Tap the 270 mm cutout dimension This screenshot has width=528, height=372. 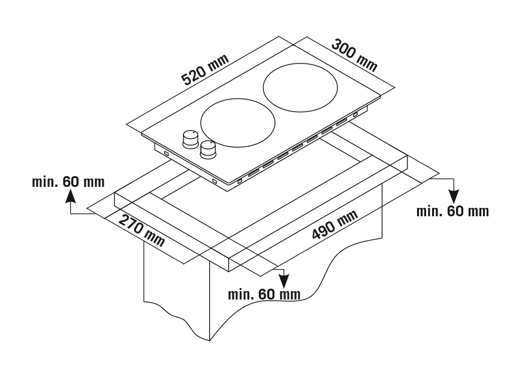pyautogui.click(x=141, y=230)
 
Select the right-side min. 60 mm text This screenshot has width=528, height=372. pyautogui.click(x=452, y=211)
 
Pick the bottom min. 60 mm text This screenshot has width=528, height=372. pyautogui.click(x=264, y=294)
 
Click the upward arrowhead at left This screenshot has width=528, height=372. pyautogui.click(x=71, y=196)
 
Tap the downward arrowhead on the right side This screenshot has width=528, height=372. pyautogui.click(x=454, y=195)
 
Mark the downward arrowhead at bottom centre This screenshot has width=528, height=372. pyautogui.click(x=282, y=280)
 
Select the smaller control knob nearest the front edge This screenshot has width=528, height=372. pyautogui.click(x=208, y=149)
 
